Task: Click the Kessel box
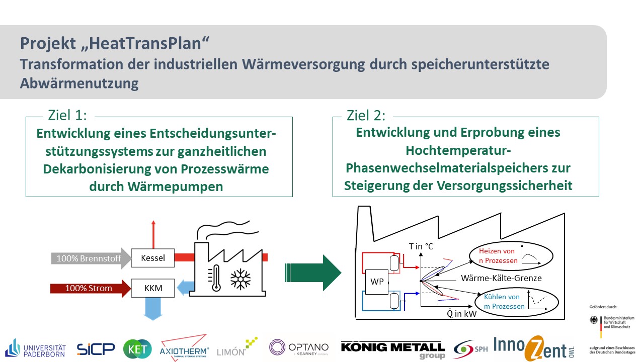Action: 152,258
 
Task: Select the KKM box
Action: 152,289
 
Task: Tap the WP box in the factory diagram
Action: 377,282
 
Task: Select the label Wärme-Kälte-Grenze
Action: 501,278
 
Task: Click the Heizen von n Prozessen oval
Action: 510,255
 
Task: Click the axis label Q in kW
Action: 462,314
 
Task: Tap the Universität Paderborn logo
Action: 36,347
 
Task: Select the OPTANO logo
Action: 299,347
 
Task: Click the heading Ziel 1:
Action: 67,116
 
